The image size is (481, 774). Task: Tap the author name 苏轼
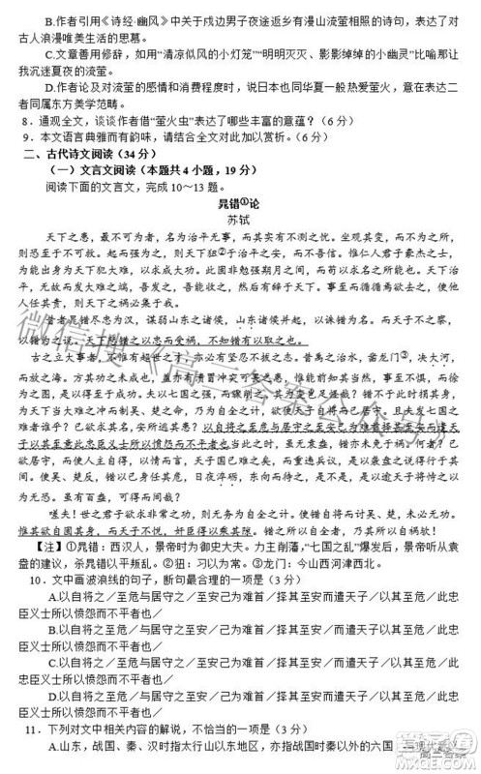239,222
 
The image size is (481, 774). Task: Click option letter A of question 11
51,762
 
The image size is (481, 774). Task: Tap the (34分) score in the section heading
149,153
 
